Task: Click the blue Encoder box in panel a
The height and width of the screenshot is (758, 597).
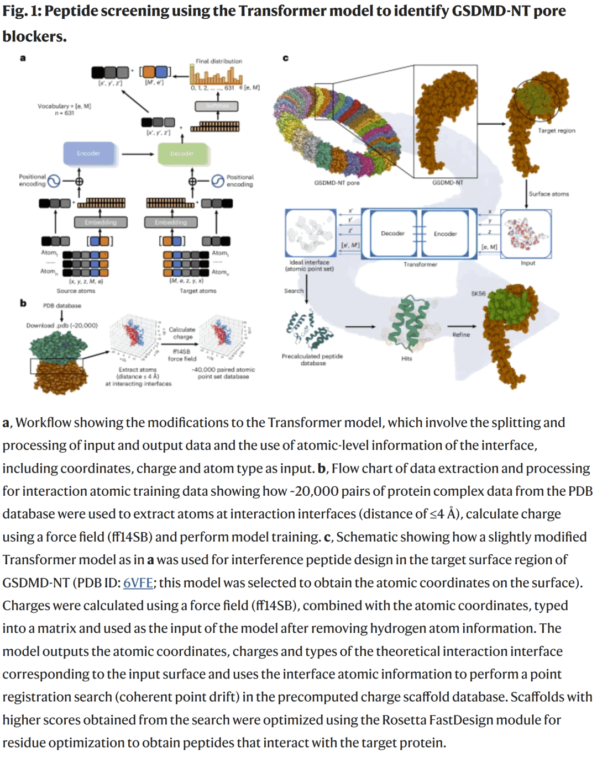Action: pyautogui.click(x=89, y=153)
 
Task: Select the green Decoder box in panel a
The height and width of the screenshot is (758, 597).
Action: pyautogui.click(x=182, y=153)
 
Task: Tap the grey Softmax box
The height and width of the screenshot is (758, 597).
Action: pyautogui.click(x=217, y=106)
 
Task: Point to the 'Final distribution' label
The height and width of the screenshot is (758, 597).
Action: pyautogui.click(x=218, y=61)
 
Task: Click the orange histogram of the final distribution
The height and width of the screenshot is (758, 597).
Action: pyautogui.click(x=216, y=75)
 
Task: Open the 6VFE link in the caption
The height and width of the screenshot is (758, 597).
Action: pyautogui.click(x=138, y=583)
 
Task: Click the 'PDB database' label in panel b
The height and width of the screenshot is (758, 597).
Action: pyautogui.click(x=62, y=305)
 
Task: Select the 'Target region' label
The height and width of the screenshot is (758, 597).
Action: pyautogui.click(x=556, y=131)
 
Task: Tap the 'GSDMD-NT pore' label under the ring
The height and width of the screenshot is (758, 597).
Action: pyautogui.click(x=337, y=183)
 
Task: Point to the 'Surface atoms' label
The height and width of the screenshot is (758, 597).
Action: pyautogui.click(x=548, y=194)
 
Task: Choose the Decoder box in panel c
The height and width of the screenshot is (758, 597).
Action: pyautogui.click(x=392, y=234)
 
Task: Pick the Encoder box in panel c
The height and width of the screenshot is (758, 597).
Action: pyautogui.click(x=445, y=234)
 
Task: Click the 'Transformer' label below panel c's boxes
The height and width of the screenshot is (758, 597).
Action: pyautogui.click(x=420, y=264)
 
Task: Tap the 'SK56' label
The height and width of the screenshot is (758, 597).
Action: pyautogui.click(x=478, y=294)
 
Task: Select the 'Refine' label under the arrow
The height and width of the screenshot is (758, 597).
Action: pyautogui.click(x=461, y=335)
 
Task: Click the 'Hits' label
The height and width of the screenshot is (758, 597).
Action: pyautogui.click(x=406, y=359)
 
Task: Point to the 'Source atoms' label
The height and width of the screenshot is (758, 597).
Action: pyautogui.click(x=76, y=291)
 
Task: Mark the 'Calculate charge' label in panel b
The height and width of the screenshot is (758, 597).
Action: pyautogui.click(x=182, y=333)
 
